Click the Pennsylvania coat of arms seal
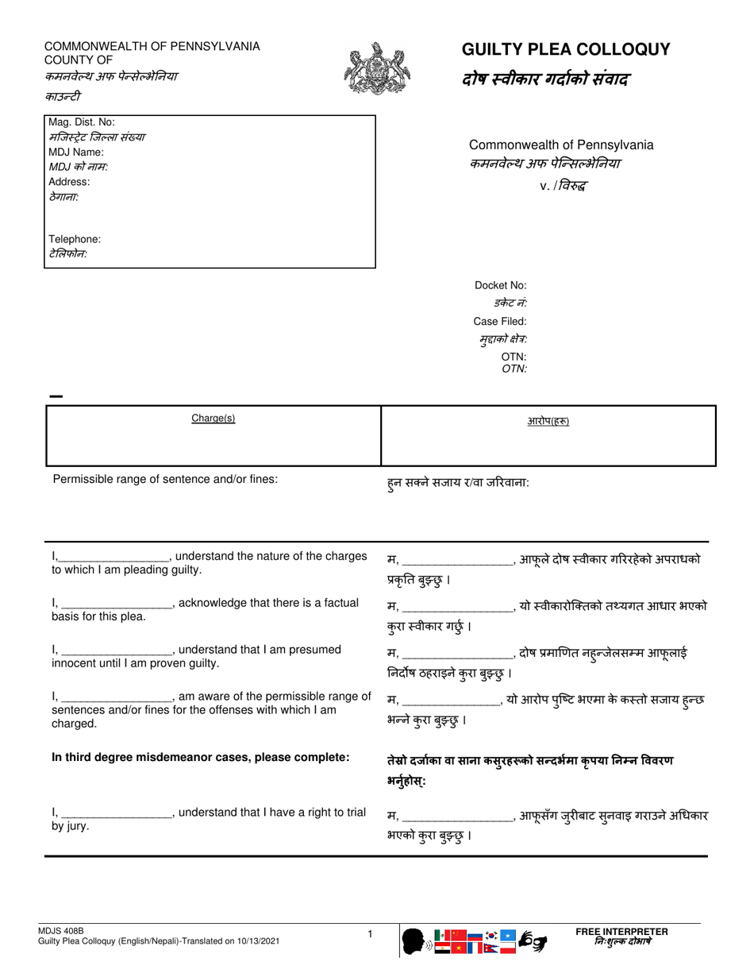coord(377,70)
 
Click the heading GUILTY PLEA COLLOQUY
coord(566,50)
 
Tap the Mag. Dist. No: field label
coord(82,122)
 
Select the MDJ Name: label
coord(76,152)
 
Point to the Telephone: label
coord(75,239)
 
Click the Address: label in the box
coord(69,181)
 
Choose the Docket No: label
coord(500,286)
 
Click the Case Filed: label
coord(500,322)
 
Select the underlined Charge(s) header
coord(214,419)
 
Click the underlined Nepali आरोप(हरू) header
coord(548,421)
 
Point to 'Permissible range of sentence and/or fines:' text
coord(165,479)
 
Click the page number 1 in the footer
coord(370,935)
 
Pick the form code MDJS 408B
coord(60,930)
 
